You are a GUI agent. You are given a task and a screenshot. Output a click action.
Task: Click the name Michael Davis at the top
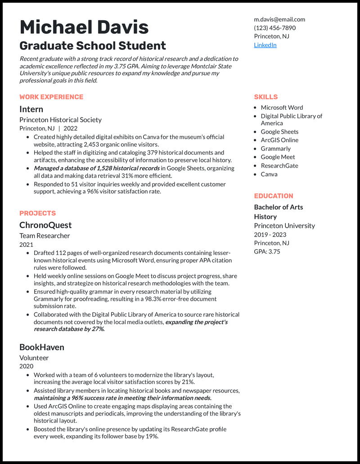coord(84,27)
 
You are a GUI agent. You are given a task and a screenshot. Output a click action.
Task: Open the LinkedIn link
coord(265,45)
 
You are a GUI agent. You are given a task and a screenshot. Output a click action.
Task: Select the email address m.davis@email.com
coord(279,19)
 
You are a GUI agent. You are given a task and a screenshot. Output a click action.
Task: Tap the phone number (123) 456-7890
coord(274,28)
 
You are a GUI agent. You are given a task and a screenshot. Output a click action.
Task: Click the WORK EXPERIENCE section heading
coord(51,97)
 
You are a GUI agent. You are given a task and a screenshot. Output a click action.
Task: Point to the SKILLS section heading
coord(265,97)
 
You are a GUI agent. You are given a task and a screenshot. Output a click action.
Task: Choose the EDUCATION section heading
coord(273,196)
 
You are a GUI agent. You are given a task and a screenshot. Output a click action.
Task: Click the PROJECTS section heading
coord(38,213)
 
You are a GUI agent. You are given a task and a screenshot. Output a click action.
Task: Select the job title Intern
coord(31,109)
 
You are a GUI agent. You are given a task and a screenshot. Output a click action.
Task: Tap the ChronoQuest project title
coord(45,225)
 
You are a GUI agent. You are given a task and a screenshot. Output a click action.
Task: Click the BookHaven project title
coord(42,347)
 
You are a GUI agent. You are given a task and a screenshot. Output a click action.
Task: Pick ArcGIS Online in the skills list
coord(279,140)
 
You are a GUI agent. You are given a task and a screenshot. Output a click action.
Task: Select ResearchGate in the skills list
coord(279,165)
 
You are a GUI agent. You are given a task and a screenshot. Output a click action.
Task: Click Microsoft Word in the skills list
coord(282,107)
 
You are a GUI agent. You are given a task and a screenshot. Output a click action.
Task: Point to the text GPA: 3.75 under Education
coord(267,251)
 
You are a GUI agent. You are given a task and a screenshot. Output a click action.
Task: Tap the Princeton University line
coord(284,226)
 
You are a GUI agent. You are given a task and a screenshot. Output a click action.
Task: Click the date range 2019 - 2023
coord(270,235)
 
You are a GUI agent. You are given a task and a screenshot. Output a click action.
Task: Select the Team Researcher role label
coord(45,236)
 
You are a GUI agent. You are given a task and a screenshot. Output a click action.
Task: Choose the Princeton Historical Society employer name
coord(60,120)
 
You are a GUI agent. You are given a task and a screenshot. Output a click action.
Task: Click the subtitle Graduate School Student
coord(93,46)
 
